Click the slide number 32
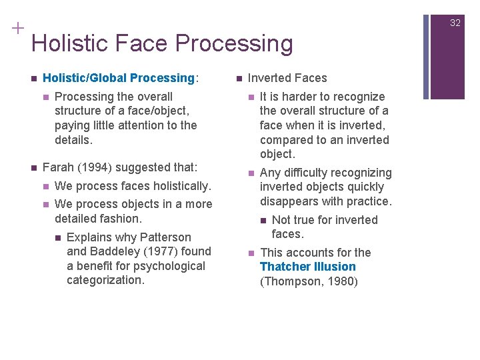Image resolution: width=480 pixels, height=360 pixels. [455, 23]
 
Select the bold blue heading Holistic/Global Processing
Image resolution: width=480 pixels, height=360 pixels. [118, 78]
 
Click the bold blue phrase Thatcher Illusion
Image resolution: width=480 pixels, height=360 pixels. [307, 267]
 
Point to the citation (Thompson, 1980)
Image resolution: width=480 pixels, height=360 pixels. [309, 281]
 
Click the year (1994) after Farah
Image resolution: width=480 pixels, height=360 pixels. [94, 167]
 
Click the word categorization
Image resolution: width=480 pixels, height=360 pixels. [105, 280]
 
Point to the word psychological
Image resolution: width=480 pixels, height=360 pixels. [169, 266]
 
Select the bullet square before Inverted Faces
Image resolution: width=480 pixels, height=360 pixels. [239, 78]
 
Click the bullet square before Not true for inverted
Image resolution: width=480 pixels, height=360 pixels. [263, 221]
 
